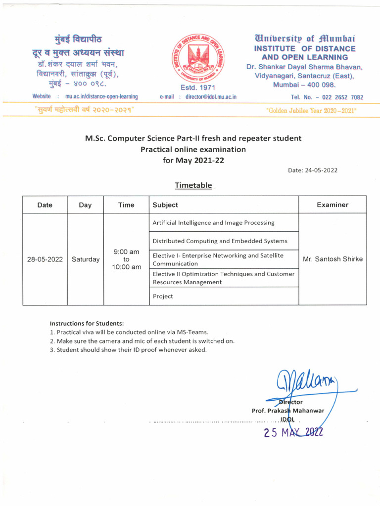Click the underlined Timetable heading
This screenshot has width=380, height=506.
193,185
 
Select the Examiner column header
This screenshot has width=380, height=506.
332,205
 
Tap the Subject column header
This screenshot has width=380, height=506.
165,205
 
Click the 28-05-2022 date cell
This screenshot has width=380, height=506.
45,259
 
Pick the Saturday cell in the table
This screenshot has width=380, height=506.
86,259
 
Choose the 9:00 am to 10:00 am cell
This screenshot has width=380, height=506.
126,259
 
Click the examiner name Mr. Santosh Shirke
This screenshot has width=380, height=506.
332,259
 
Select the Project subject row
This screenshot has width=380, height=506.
163,296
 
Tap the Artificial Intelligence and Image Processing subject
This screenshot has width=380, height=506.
213,222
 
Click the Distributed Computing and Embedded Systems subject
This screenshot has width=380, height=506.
220,241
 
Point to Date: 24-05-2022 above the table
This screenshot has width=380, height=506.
312,170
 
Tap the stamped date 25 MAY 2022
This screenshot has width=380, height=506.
293,432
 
